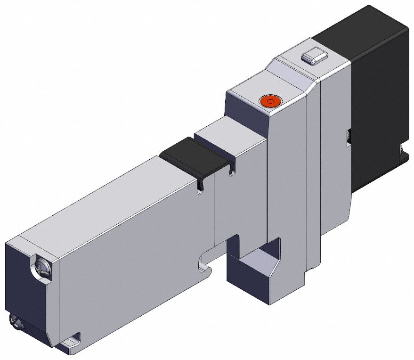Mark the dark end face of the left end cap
pyautogui.click(x=26, y=292)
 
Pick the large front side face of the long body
pyautogui.click(x=137, y=245)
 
